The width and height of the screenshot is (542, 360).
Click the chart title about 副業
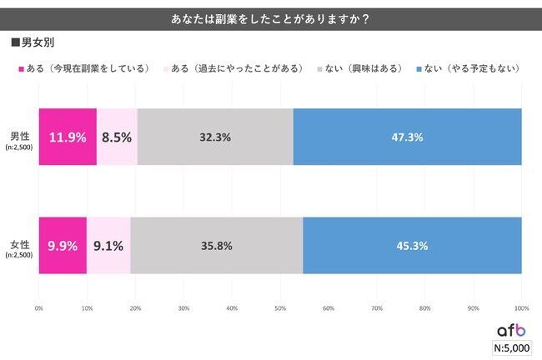pos(270,17)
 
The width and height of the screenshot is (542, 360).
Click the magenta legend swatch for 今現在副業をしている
pos(19,67)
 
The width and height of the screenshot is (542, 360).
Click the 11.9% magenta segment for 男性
pos(68,137)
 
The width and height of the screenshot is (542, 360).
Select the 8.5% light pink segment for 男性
pos(117,137)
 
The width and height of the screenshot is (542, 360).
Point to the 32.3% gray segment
pos(215,137)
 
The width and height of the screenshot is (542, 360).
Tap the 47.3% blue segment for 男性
pos(407,137)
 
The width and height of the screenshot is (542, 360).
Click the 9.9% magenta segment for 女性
pos(63,245)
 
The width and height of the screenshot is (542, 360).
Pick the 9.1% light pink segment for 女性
pos(108,245)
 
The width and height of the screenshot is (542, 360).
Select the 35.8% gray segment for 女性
pos(216,245)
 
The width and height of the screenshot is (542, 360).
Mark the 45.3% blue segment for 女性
pos(412,245)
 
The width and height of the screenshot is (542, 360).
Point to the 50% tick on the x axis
pos(280,308)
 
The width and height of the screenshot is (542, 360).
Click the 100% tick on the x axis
pos(522,308)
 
